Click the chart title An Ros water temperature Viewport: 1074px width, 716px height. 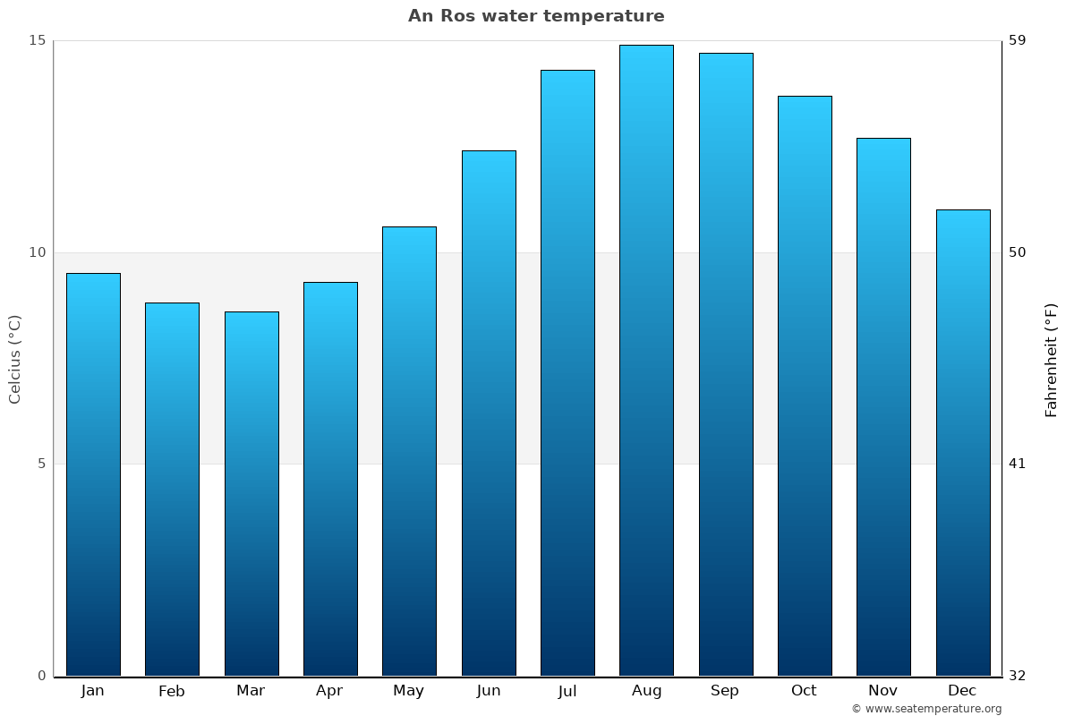536,16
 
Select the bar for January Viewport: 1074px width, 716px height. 93,474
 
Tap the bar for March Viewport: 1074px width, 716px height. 251,493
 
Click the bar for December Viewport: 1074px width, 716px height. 963,442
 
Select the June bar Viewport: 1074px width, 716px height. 489,413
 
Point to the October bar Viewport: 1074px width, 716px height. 805,386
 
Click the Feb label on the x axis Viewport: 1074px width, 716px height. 171,691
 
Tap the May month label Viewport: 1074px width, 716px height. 409,691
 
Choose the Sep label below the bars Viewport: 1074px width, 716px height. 725,691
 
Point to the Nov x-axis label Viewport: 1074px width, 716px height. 882,691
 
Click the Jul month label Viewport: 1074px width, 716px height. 567,691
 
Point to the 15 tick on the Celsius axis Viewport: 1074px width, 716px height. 37,40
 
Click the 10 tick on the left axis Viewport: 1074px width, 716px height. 37,252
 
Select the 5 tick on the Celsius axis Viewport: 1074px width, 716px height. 40,464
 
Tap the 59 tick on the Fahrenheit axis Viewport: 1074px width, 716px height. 1018,40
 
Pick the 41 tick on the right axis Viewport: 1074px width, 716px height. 1018,464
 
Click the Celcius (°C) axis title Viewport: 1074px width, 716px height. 15,359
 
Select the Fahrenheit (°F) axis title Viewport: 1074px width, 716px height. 1052,360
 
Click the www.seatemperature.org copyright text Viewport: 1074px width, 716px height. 926,709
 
